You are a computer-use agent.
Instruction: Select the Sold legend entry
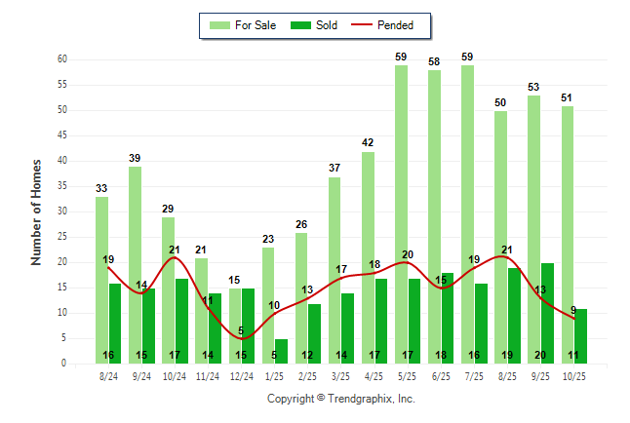[x=316, y=24]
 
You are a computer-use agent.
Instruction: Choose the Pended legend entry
[x=384, y=24]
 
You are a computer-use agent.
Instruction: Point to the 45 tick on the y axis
[x=63, y=135]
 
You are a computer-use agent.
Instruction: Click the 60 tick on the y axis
[x=63, y=59]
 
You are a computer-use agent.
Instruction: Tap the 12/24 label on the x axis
[x=242, y=376]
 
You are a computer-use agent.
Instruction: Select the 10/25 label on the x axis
[x=574, y=376]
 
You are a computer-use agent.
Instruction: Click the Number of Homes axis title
[x=36, y=211]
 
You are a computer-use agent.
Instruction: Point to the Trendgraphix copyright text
[x=340, y=399]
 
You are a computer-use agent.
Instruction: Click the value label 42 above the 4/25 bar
[x=368, y=143]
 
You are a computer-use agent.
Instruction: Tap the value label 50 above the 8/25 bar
[x=500, y=102]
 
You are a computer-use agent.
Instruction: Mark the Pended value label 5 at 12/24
[x=241, y=331]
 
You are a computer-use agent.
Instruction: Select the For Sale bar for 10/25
[x=568, y=234]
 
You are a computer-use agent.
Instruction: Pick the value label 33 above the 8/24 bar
[x=101, y=188]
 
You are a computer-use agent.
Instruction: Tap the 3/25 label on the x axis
[x=341, y=376]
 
